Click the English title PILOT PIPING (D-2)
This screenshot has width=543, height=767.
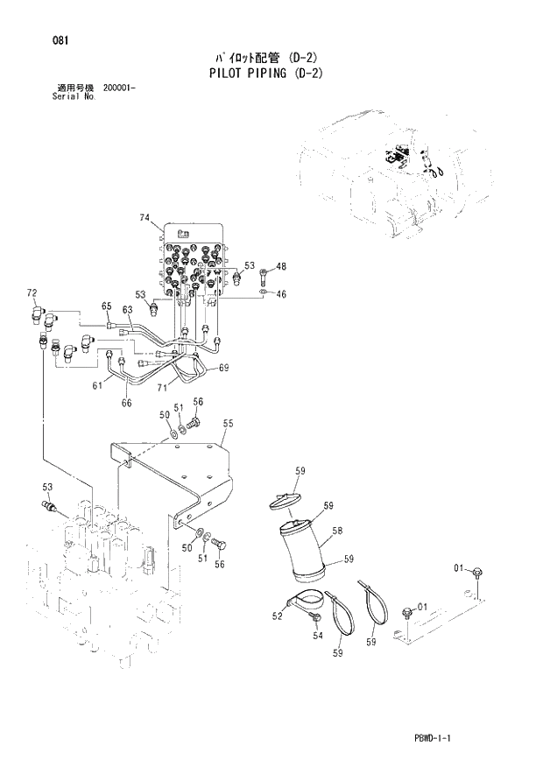(x=265, y=74)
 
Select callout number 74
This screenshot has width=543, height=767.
(x=145, y=216)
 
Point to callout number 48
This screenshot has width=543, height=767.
(x=281, y=266)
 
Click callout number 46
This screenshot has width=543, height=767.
(x=281, y=294)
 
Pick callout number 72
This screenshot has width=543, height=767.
(x=32, y=292)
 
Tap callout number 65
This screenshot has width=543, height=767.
(x=107, y=306)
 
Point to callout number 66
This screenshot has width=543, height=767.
(x=126, y=403)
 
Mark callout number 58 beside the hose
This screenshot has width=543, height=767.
(x=337, y=531)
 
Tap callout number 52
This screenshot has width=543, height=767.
(x=278, y=616)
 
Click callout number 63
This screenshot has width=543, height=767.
(x=127, y=310)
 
